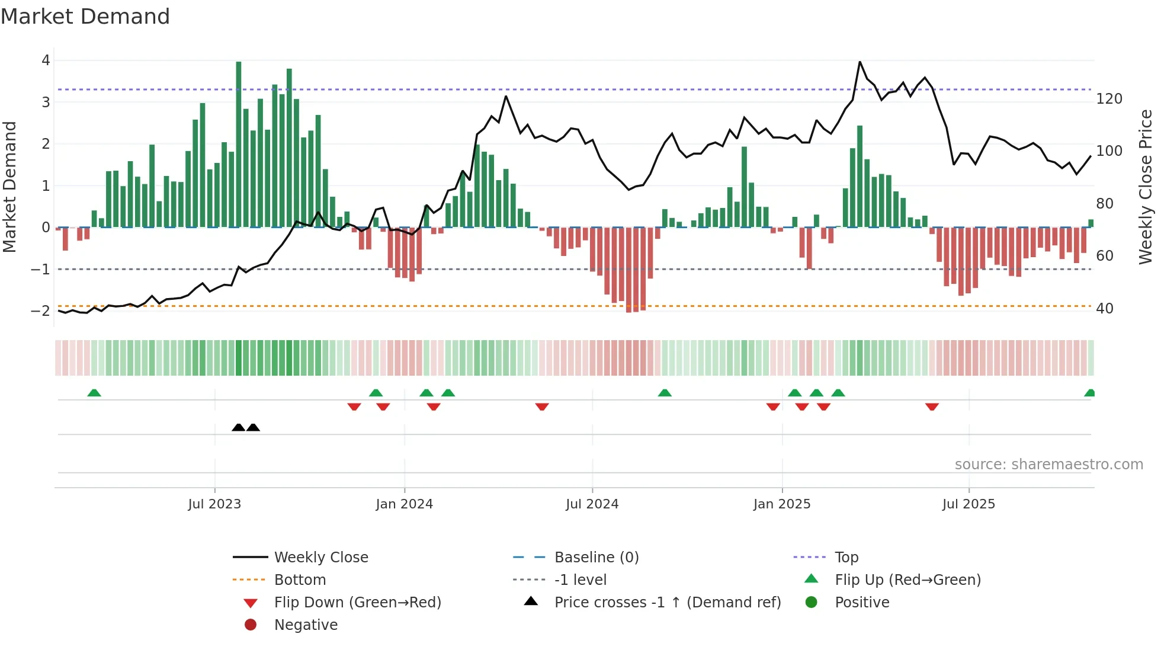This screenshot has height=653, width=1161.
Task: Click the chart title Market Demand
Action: [85, 17]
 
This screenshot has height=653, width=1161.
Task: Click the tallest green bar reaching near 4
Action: [239, 142]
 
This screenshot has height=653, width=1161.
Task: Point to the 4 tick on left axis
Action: [46, 60]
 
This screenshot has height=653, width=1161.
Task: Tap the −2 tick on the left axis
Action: [41, 311]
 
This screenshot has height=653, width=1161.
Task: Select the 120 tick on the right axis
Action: [1109, 99]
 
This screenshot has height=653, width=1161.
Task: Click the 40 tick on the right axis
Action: [1104, 309]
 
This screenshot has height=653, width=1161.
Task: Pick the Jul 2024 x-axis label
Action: [592, 504]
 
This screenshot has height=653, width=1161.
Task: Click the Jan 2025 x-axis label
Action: [782, 504]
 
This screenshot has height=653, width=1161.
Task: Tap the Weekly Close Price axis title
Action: [1146, 187]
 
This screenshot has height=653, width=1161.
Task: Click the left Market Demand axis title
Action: [9, 187]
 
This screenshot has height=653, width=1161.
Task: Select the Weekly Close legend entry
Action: [321, 558]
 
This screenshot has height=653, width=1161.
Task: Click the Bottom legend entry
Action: [300, 580]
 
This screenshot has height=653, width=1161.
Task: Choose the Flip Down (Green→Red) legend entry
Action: [357, 603]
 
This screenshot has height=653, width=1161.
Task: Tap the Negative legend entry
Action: [306, 625]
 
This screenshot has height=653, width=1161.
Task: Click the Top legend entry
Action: [846, 558]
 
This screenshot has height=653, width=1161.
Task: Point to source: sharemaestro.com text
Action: [1048, 465]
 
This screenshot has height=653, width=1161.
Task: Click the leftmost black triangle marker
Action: [238, 427]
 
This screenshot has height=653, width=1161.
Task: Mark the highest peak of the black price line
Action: [859, 62]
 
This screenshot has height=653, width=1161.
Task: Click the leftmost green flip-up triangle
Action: [94, 393]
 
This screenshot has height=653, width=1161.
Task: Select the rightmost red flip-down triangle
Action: [932, 406]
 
